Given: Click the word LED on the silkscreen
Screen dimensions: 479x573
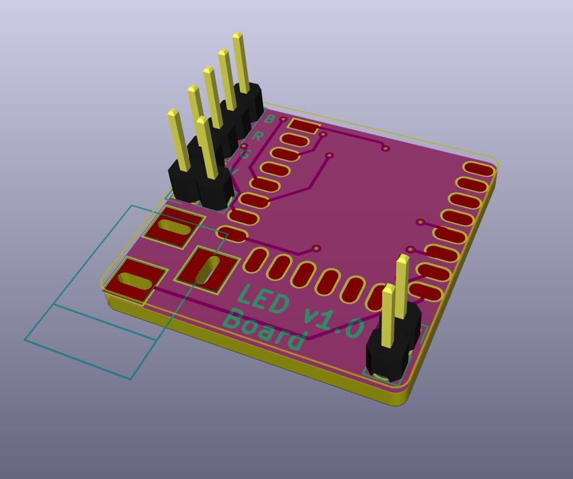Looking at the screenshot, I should tap(262, 300).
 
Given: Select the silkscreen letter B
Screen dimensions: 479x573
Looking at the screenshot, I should tap(270, 119).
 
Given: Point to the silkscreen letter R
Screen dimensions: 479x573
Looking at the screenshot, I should tap(257, 136).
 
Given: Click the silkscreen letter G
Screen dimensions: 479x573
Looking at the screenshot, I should tap(245, 154).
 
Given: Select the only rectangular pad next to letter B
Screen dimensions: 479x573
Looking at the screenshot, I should tap(304, 126).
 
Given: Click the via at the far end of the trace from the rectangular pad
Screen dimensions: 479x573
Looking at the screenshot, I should tap(385, 148).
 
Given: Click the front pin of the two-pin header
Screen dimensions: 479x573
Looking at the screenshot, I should tap(388, 315).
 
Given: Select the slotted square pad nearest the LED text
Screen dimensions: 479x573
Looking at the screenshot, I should tap(207, 270).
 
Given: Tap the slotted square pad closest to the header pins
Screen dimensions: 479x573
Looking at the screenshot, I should tap(174, 227).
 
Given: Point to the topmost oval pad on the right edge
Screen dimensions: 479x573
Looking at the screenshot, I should tap(479, 169).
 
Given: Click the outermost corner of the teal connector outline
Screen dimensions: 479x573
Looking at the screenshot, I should tap(25, 340).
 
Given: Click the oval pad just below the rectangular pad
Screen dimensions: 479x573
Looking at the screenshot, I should tap(295, 140).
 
